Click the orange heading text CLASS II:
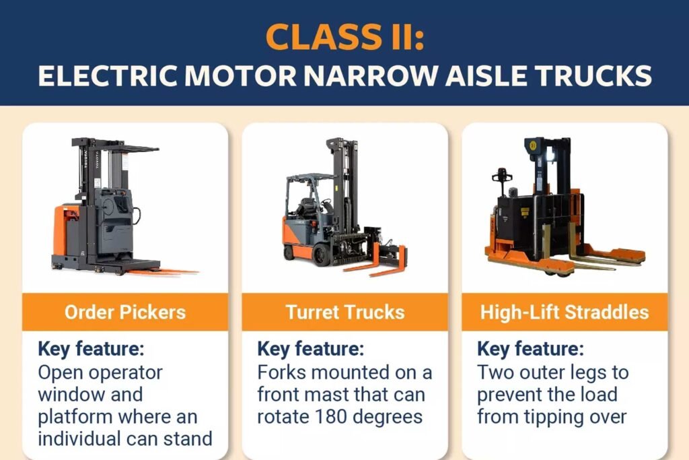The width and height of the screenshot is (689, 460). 344,36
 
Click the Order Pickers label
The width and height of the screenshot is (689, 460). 125,312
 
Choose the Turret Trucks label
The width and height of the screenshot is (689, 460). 344,312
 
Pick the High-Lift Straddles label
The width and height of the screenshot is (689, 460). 565,312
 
